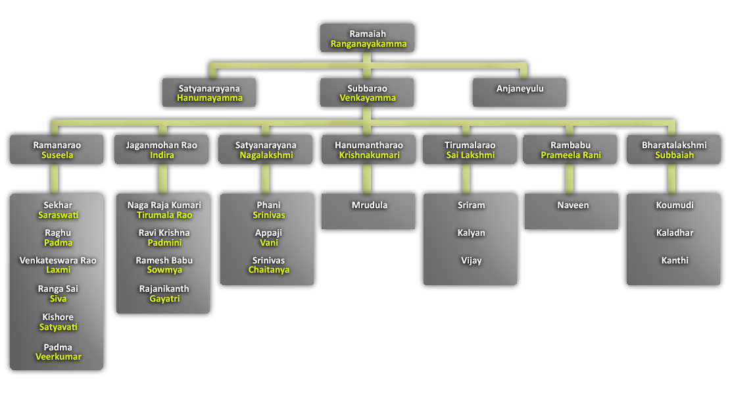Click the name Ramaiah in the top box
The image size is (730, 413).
point(368,34)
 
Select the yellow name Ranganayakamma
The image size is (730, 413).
point(368,44)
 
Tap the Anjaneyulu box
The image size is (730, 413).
point(520,88)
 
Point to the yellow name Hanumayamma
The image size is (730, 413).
point(209,98)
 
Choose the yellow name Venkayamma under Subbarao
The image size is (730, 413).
point(368,98)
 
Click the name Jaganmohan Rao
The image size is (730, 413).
point(162,145)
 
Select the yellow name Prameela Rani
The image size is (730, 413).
point(571,155)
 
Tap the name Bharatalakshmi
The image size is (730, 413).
point(673,145)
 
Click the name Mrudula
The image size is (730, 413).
point(369,205)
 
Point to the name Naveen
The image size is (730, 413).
point(573,205)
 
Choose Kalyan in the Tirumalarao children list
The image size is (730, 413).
point(471,233)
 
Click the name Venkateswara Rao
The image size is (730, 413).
point(58,260)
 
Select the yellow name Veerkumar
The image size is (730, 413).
point(59,356)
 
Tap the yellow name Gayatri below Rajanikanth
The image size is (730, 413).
point(164,298)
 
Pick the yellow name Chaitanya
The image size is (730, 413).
point(268,269)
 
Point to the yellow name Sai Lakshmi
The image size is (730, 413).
point(470,155)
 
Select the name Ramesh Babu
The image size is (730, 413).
point(164,260)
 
